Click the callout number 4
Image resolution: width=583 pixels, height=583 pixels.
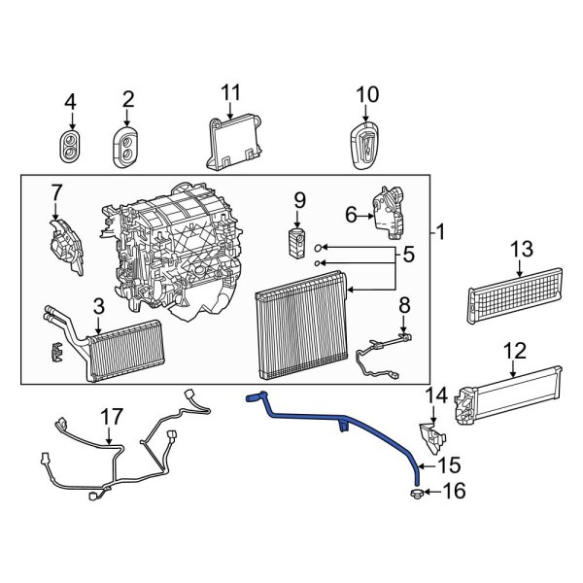[x=69, y=100]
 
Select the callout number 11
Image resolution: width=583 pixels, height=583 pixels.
[x=229, y=92]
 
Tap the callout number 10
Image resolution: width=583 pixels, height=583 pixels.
[x=365, y=94]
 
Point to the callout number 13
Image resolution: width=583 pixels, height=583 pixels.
[x=522, y=250]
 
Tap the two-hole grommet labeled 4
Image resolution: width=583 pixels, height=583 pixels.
[x=70, y=146]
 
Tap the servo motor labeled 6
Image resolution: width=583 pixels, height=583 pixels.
[x=390, y=213]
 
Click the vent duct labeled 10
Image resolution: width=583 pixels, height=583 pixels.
[x=365, y=146]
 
